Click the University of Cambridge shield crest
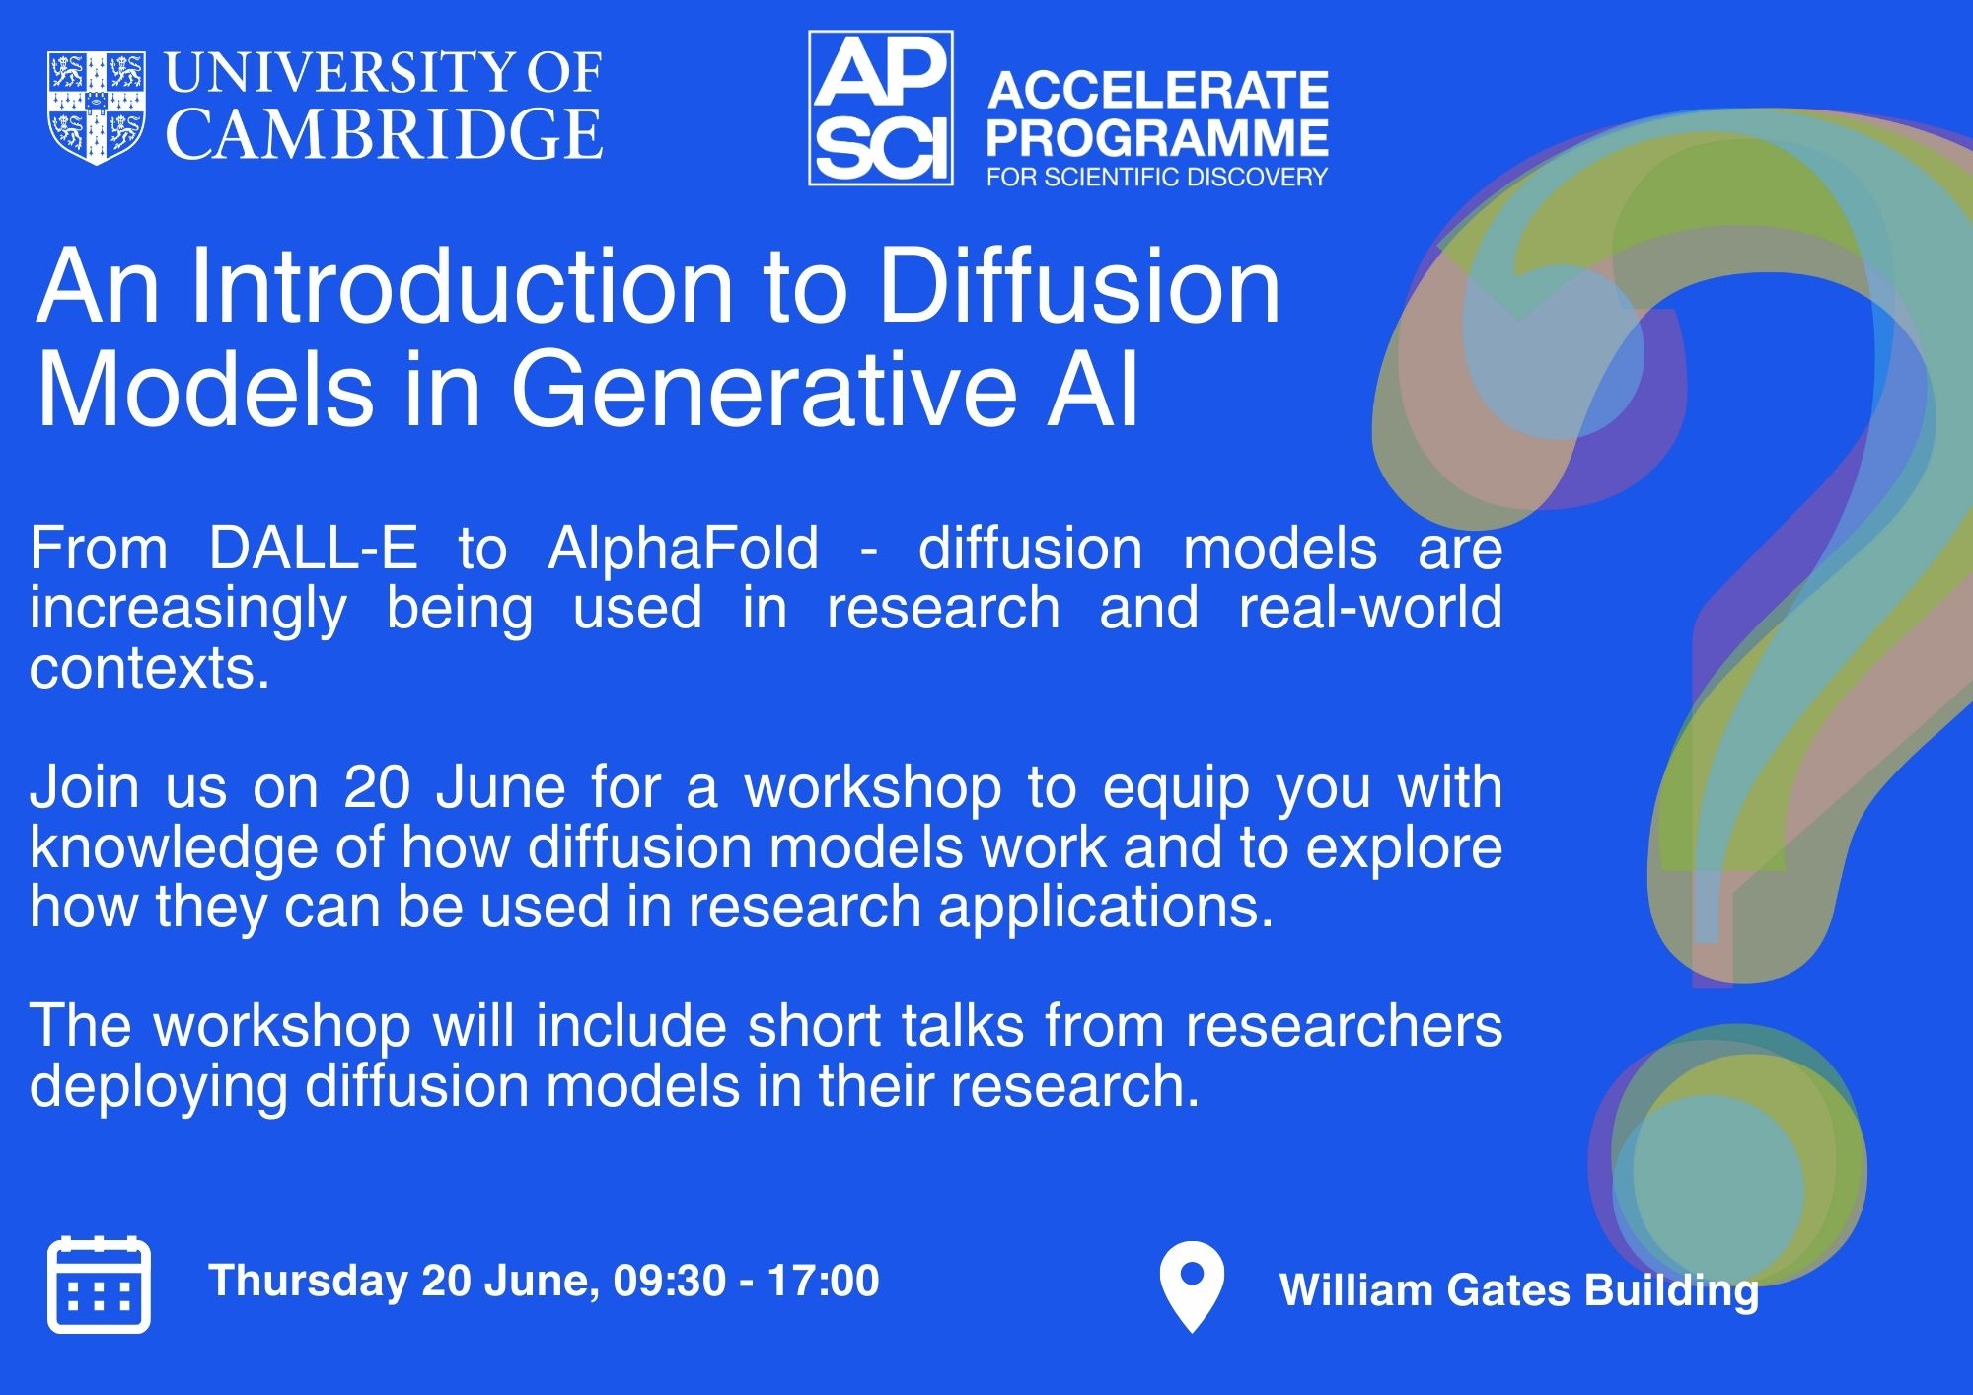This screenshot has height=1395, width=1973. [97, 108]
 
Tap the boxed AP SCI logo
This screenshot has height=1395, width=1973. [880, 108]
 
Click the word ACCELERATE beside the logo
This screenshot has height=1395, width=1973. [1158, 91]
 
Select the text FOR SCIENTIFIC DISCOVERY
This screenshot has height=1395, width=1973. [1157, 178]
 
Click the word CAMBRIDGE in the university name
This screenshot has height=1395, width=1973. [384, 134]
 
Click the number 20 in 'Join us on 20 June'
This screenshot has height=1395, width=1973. [377, 787]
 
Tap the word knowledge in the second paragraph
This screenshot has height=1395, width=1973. [173, 847]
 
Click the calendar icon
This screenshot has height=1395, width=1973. [99, 1284]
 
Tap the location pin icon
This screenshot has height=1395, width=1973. [1192, 1285]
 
